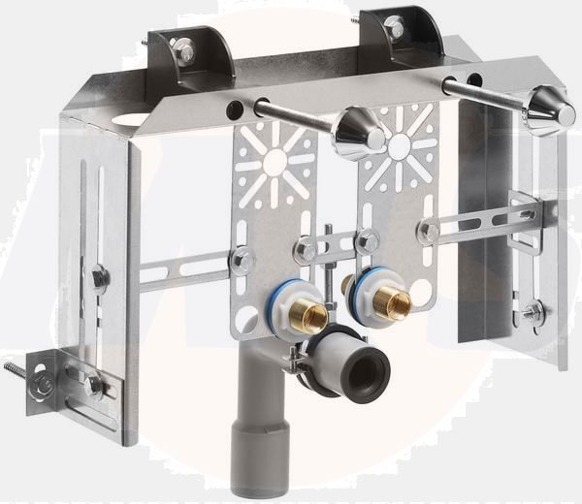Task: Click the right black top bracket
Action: coord(402,39)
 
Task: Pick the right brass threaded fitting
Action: coord(394,303)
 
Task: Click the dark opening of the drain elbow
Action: coord(367,366)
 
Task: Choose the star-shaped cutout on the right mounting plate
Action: coord(399,145)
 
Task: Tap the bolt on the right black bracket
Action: coord(394,26)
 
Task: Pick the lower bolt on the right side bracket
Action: coord(531,312)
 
